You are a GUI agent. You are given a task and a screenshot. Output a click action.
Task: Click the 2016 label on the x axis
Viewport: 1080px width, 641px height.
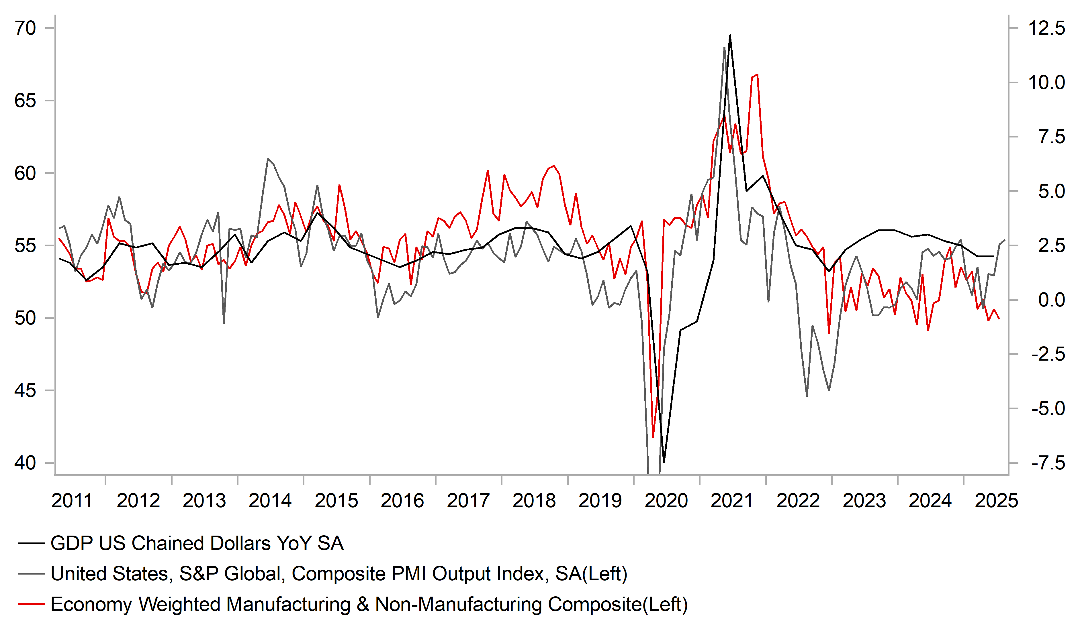(402, 501)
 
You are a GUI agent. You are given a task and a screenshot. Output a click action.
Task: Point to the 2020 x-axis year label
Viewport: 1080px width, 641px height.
(666, 501)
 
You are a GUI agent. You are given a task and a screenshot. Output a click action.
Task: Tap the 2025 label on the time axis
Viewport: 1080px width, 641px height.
(996, 501)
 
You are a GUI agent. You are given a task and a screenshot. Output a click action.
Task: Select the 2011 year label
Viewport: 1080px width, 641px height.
(72, 501)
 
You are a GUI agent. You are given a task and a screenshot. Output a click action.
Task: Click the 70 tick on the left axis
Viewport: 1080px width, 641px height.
(25, 29)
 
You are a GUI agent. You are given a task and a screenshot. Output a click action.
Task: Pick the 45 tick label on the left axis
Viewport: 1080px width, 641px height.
(25, 390)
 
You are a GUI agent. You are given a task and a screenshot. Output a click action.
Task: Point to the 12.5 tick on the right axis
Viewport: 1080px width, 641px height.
(1046, 29)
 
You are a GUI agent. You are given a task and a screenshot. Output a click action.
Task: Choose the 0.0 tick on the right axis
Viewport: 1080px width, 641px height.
(1051, 300)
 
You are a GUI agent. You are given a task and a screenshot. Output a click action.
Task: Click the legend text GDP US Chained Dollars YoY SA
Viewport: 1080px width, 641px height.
(197, 543)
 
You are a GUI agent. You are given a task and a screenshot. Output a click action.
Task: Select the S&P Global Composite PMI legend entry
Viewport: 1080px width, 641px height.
(339, 574)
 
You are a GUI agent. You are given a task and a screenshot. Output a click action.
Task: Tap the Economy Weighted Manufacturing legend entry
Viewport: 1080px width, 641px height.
(369, 604)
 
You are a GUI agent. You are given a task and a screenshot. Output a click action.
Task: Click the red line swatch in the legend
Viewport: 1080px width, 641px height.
(31, 604)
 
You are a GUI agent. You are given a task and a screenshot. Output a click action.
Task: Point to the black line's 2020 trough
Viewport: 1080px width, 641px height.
(664, 462)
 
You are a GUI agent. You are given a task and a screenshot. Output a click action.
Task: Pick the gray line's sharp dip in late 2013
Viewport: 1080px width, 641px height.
(224, 323)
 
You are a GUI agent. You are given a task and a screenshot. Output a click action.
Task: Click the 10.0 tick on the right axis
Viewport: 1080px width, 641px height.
(1046, 82)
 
